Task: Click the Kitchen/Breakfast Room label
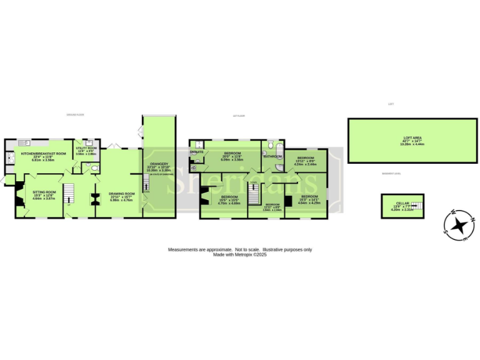tap(44, 153)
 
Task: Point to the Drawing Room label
tap(121, 194)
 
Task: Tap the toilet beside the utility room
tap(92, 167)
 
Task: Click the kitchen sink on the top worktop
tap(25, 141)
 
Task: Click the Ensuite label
tap(196, 152)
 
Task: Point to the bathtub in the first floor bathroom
tap(279, 149)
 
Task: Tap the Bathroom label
tap(272, 157)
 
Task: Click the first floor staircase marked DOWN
tap(254, 193)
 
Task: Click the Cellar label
tap(402, 203)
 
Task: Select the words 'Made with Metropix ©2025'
tap(240, 254)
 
